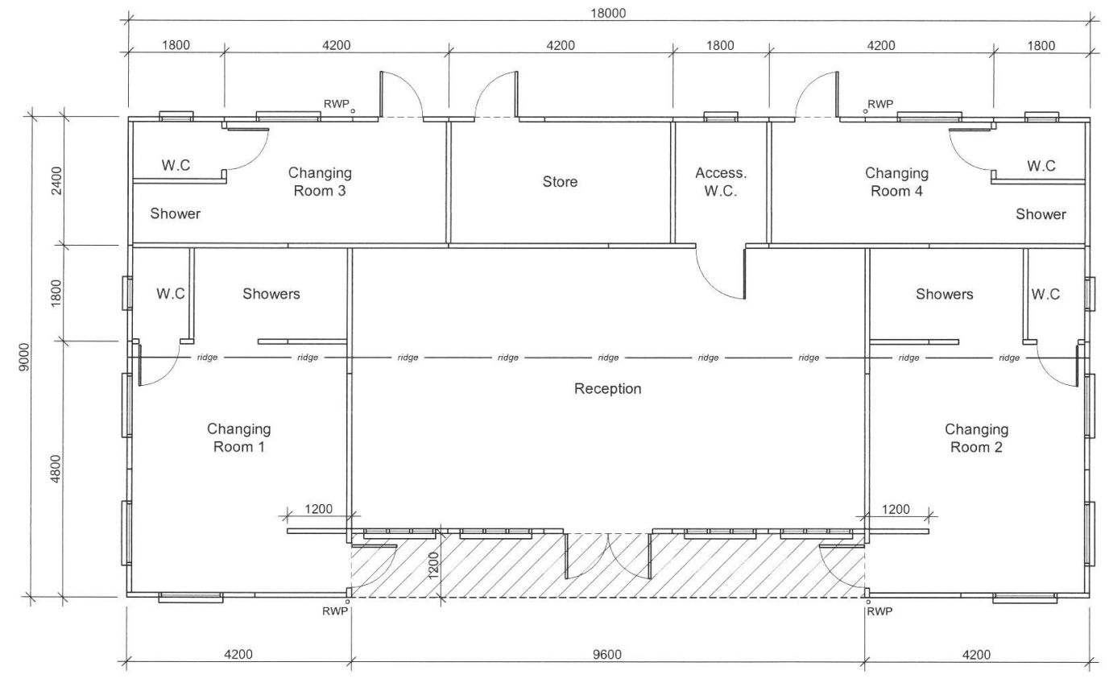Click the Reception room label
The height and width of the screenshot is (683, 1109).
click(x=607, y=389)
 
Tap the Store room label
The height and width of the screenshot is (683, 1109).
click(x=560, y=182)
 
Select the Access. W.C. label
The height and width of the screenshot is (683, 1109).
click(x=721, y=182)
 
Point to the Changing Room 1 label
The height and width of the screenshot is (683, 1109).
click(x=238, y=438)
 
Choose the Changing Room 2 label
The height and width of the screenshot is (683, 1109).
click(x=976, y=438)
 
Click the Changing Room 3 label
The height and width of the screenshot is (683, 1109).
click(x=320, y=182)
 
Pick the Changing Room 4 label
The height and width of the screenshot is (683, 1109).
click(x=896, y=182)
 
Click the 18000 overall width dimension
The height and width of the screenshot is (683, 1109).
click(x=608, y=14)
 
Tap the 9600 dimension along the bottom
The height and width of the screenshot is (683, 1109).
click(x=607, y=655)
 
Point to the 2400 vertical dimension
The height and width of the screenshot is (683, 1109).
click(x=57, y=180)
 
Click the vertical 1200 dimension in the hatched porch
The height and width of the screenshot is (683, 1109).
click(x=433, y=565)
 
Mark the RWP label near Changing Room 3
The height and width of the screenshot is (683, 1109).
click(x=337, y=104)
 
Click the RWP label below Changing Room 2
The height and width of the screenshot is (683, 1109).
click(x=879, y=611)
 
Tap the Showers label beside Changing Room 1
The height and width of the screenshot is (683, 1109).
click(x=271, y=294)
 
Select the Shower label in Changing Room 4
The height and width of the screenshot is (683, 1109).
click(x=1041, y=214)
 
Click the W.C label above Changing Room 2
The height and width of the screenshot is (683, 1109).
click(x=1045, y=295)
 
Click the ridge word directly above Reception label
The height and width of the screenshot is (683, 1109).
click(x=608, y=358)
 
